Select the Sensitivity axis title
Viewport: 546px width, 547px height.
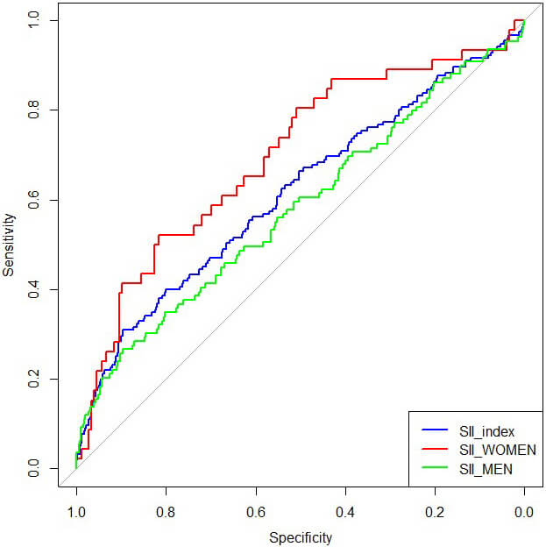click(9, 244)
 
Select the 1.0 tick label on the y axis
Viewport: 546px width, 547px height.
click(32, 20)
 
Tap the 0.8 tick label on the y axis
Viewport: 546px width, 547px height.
click(32, 110)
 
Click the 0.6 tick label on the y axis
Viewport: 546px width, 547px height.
click(32, 200)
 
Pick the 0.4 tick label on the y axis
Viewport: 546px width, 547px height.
click(32, 289)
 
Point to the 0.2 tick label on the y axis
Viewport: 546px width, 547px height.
click(32, 379)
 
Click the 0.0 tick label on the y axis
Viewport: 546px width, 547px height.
click(32, 468)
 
